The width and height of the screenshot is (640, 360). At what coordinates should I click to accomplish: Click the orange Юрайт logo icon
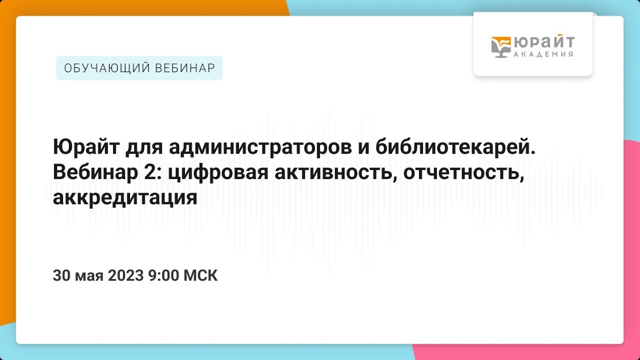pyautogui.click(x=500, y=47)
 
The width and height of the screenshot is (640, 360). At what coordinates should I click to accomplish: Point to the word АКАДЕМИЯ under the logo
pyautogui.click(x=543, y=54)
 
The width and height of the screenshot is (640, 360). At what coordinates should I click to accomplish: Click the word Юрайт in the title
pyautogui.click(x=80, y=148)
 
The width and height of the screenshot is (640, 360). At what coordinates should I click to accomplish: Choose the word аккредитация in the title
pyautogui.click(x=125, y=198)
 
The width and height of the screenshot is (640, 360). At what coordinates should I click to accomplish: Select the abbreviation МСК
pyautogui.click(x=201, y=275)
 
